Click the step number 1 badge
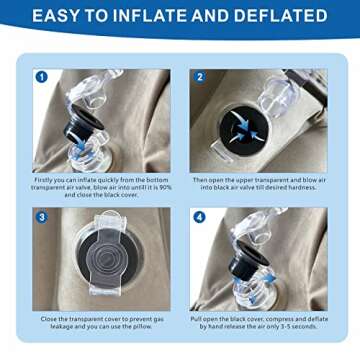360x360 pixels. click(41, 76)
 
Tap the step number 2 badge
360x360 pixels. click(198, 76)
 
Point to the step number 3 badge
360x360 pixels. click(41, 216)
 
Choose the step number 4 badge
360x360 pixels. click(198, 216)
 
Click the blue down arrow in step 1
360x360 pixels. click(81, 146)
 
